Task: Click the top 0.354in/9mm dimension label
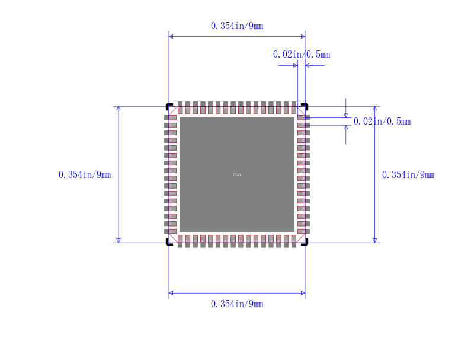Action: [237, 26]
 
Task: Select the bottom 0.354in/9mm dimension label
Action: [237, 304]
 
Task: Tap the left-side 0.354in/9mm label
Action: [85, 174]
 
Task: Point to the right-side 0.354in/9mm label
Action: [408, 174]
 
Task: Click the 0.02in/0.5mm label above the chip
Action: [302, 55]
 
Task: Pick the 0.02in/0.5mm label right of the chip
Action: [382, 122]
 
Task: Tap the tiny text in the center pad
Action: [237, 174]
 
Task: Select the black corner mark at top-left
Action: [168, 106]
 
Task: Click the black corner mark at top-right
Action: [305, 106]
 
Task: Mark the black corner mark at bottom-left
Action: [168, 243]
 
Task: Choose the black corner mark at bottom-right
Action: [305, 243]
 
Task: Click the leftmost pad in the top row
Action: [180, 107]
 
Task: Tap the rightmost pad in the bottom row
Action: [293, 241]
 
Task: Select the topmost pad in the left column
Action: [170, 118]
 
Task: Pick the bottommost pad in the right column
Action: [303, 231]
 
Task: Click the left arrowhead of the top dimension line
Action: [171, 37]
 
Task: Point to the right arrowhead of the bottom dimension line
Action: [303, 293]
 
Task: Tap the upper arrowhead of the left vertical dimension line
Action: [118, 109]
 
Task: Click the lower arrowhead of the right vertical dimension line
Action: [374, 240]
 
